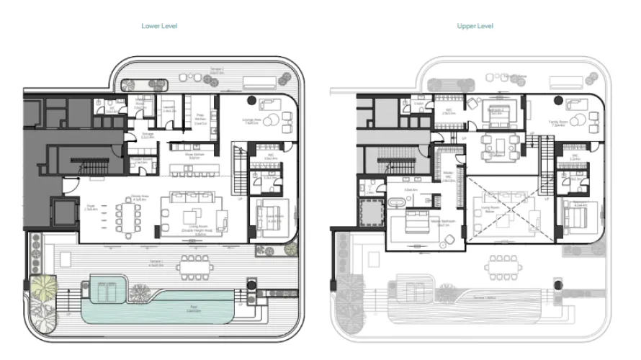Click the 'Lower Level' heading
(x=160, y=26)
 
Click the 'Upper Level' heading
(x=475, y=26)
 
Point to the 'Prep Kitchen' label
(x=200, y=120)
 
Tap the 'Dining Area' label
(x=140, y=197)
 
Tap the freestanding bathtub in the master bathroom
(x=398, y=204)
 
